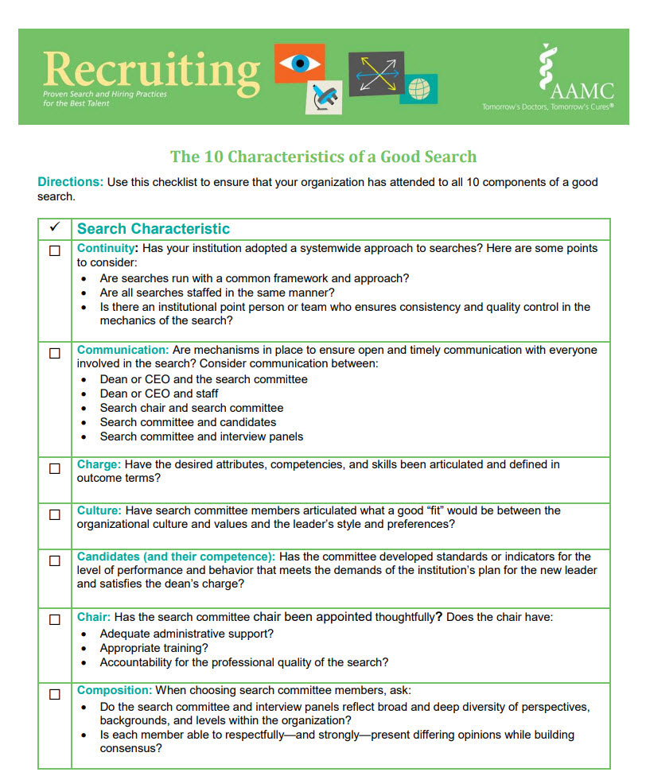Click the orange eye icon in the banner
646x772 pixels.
click(300, 64)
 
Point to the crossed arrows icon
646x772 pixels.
click(376, 73)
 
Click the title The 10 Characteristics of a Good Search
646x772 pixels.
click(324, 156)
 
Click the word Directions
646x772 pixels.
click(70, 182)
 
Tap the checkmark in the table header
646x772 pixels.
click(55, 228)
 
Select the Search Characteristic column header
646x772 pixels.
click(154, 229)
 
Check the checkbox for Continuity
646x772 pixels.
click(55, 250)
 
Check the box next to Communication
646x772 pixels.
click(55, 353)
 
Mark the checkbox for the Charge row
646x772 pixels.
click(55, 468)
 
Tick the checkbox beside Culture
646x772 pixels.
click(55, 514)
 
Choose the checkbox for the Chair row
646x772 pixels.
click(55, 619)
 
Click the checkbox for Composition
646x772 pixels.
click(55, 694)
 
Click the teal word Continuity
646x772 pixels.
click(106, 248)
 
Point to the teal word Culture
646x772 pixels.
click(99, 510)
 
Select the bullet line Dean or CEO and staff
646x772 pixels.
click(159, 394)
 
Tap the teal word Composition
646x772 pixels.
click(114, 691)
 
